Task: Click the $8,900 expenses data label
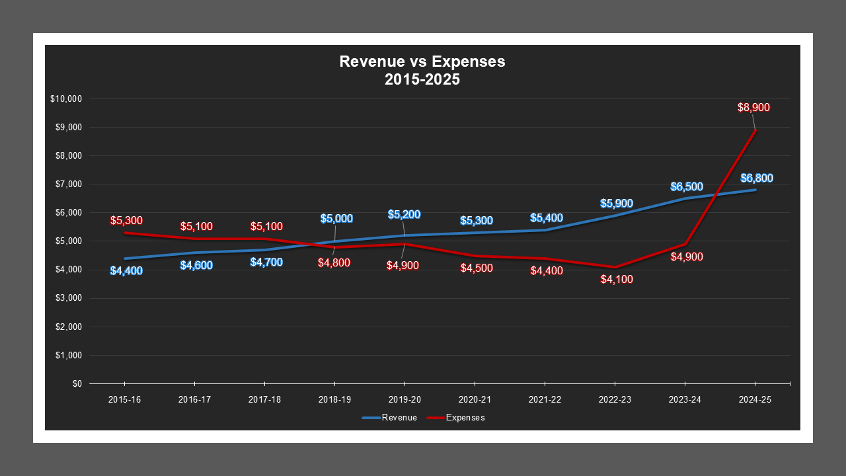coord(754,108)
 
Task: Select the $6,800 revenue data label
coord(757,178)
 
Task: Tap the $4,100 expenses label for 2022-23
coord(617,280)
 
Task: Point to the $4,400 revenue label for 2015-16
coord(126,270)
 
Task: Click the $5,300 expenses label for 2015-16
coord(126,221)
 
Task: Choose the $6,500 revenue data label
coord(687,187)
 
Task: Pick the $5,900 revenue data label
coord(617,204)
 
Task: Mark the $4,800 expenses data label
coord(334,262)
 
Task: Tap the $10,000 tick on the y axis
coord(65,99)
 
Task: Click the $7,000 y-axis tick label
coord(67,184)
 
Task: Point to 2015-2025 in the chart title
coord(422,79)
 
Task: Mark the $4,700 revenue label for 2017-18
coord(266,262)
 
